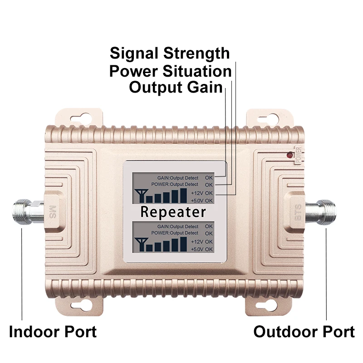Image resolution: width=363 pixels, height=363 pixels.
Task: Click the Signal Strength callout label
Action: [170, 54]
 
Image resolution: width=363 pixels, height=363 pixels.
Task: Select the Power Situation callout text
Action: [170, 71]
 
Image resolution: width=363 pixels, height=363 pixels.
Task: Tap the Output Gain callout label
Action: [176, 87]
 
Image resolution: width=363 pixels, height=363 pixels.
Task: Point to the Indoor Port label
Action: [53, 331]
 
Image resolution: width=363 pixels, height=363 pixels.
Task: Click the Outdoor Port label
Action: [304, 331]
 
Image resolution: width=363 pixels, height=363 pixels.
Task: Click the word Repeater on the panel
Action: [173, 212]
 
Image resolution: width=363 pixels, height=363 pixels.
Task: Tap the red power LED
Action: [289, 155]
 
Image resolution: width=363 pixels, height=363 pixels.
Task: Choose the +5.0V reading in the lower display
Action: [201, 249]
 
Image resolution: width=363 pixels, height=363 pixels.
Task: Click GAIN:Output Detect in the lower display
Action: [177, 226]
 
